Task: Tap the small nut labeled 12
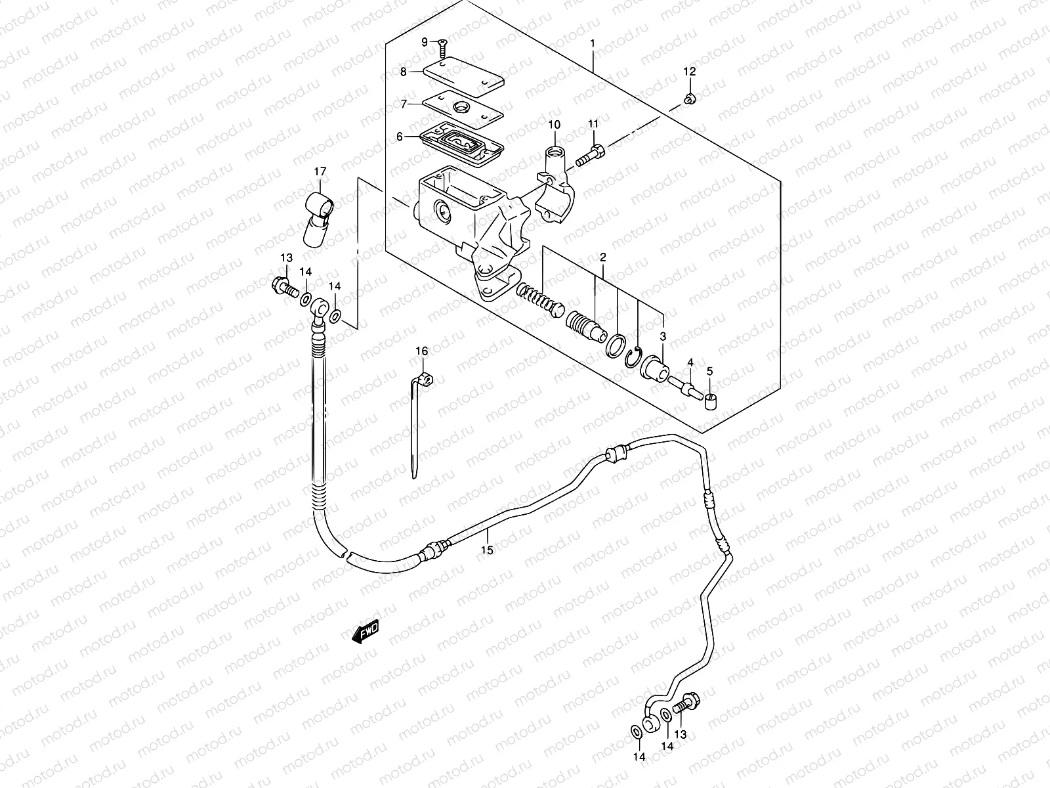pos(689,99)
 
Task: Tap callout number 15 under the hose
pos(486,550)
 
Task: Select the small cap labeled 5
pos(713,400)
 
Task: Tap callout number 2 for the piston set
pos(602,257)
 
